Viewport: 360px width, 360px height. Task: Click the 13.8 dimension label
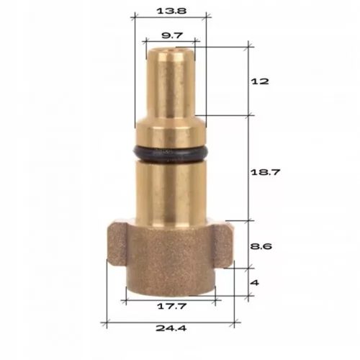click(x=170, y=12)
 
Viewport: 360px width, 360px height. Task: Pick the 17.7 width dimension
click(x=170, y=307)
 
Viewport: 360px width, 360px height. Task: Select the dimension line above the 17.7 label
click(x=170, y=297)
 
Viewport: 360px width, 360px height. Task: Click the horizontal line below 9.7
click(x=171, y=42)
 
